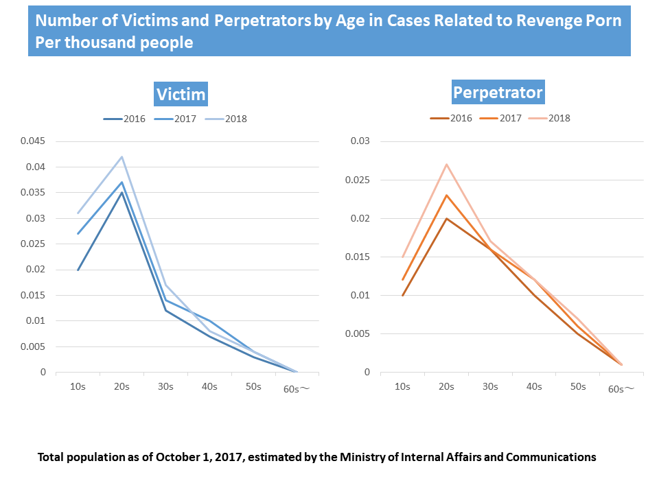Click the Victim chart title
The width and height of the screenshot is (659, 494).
pos(181,94)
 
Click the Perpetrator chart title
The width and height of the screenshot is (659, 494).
pos(498,92)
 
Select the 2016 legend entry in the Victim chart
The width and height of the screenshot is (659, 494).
pos(126,119)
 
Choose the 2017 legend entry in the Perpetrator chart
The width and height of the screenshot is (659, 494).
pos(501,118)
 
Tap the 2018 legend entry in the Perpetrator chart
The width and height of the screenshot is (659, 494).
pos(550,118)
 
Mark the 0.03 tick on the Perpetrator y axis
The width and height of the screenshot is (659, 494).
pos(361,141)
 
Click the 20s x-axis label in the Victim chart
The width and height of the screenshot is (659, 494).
pos(122,386)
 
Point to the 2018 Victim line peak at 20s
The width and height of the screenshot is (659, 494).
pos(122,156)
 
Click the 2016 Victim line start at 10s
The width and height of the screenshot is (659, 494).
pos(78,270)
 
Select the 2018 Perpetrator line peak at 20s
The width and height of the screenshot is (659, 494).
pos(446,164)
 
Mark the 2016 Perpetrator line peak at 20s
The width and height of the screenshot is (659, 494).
pos(446,218)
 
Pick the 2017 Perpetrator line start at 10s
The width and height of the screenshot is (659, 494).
pos(402,280)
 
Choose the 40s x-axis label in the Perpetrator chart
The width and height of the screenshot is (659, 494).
pos(534,386)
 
